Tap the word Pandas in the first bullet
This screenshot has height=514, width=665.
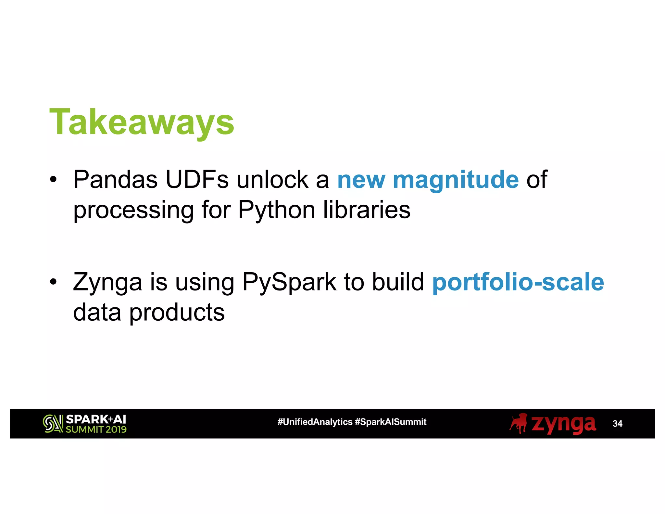point(115,179)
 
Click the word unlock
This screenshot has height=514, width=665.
point(272,179)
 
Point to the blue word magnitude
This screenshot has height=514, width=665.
point(456,180)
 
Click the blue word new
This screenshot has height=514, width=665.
point(361,180)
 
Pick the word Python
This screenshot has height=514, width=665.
point(277,210)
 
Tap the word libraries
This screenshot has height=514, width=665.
point(367,210)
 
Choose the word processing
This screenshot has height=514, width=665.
point(133,210)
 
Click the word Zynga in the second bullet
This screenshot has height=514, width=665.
point(107,282)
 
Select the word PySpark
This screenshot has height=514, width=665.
point(289,282)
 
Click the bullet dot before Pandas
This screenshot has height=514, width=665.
point(53,179)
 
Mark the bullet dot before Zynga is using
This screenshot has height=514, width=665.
point(53,281)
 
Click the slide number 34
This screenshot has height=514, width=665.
point(617,423)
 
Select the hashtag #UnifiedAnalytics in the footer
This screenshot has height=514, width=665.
point(315,422)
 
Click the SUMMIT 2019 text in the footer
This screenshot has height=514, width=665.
point(96,430)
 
